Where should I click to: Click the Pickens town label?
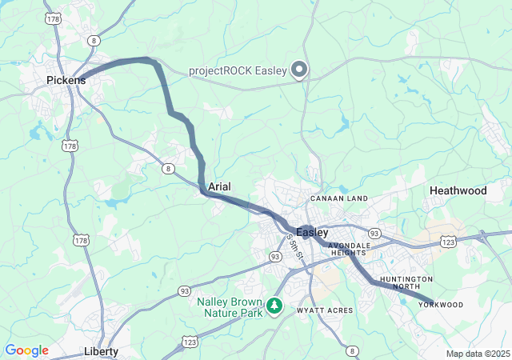tap(66, 80)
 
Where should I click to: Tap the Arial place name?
tap(219, 186)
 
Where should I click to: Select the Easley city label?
tap(312, 232)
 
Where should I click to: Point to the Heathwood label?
tap(458, 190)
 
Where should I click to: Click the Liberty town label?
tap(102, 351)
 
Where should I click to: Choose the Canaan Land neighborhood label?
tap(338, 198)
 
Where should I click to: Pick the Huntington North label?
tap(406, 282)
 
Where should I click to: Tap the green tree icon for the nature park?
tap(274, 306)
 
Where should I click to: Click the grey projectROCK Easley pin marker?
tap(299, 70)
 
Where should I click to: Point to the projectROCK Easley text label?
tap(238, 70)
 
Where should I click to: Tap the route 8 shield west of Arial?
tap(168, 168)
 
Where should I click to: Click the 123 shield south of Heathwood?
tap(448, 240)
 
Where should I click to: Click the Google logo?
tap(26, 350)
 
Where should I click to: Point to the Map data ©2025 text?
tap(478, 354)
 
